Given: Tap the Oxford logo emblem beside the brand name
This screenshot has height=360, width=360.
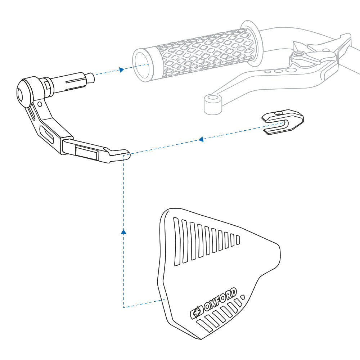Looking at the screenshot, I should point(196,312).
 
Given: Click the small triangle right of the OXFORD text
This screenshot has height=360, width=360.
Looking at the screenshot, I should point(242,297).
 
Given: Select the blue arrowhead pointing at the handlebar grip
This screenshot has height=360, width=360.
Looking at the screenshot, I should point(122,69).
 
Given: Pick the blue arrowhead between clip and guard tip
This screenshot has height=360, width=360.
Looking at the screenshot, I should point(202,139).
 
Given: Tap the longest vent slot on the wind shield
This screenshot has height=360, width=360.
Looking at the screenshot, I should point(176,242).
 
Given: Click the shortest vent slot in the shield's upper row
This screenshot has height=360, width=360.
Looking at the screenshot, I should point(238,239).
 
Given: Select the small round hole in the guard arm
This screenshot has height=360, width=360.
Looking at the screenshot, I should point(40,104).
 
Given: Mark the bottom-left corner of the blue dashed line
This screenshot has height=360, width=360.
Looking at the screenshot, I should point(123,307).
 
